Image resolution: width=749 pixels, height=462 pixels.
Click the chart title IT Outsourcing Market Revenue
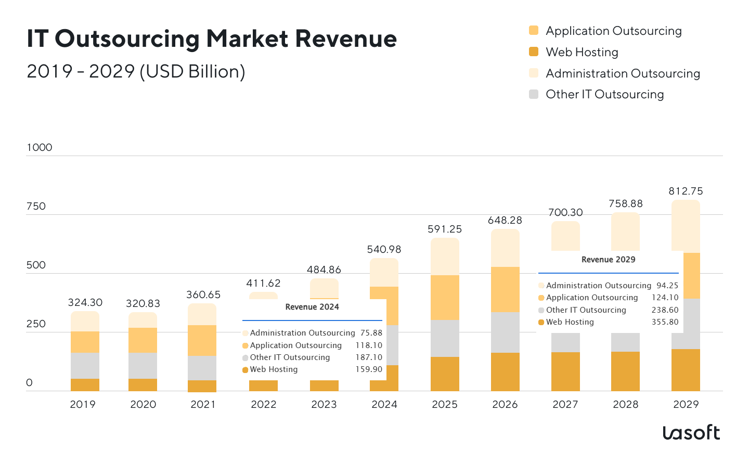[212, 39]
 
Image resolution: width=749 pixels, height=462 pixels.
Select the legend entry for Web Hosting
[582, 52]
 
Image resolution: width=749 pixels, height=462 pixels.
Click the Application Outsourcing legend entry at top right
[613, 31]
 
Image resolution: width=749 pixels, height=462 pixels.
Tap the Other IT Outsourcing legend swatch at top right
[534, 94]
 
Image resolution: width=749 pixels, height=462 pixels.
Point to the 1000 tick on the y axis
[40, 147]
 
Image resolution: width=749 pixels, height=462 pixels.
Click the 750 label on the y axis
[36, 206]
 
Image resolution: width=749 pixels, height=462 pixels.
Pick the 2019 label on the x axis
[83, 404]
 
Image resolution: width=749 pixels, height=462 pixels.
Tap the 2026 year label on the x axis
[505, 404]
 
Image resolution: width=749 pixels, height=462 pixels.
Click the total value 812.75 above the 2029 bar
[686, 191]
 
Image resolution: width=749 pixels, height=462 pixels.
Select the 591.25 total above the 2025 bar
[445, 229]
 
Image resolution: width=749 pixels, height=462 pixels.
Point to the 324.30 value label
[85, 302]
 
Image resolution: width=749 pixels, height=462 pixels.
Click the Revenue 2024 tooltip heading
[312, 307]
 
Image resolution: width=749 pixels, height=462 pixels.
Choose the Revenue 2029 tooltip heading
[608, 260]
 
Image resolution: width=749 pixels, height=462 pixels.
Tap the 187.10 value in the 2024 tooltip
[369, 357]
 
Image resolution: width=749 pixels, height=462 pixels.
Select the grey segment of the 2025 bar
[445, 338]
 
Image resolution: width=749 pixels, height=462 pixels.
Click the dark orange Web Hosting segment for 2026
[505, 371]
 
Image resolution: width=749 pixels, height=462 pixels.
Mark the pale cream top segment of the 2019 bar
[85, 321]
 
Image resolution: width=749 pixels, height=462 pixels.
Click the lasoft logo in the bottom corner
[691, 432]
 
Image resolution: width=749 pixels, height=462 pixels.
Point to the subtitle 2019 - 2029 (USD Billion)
[136, 71]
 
